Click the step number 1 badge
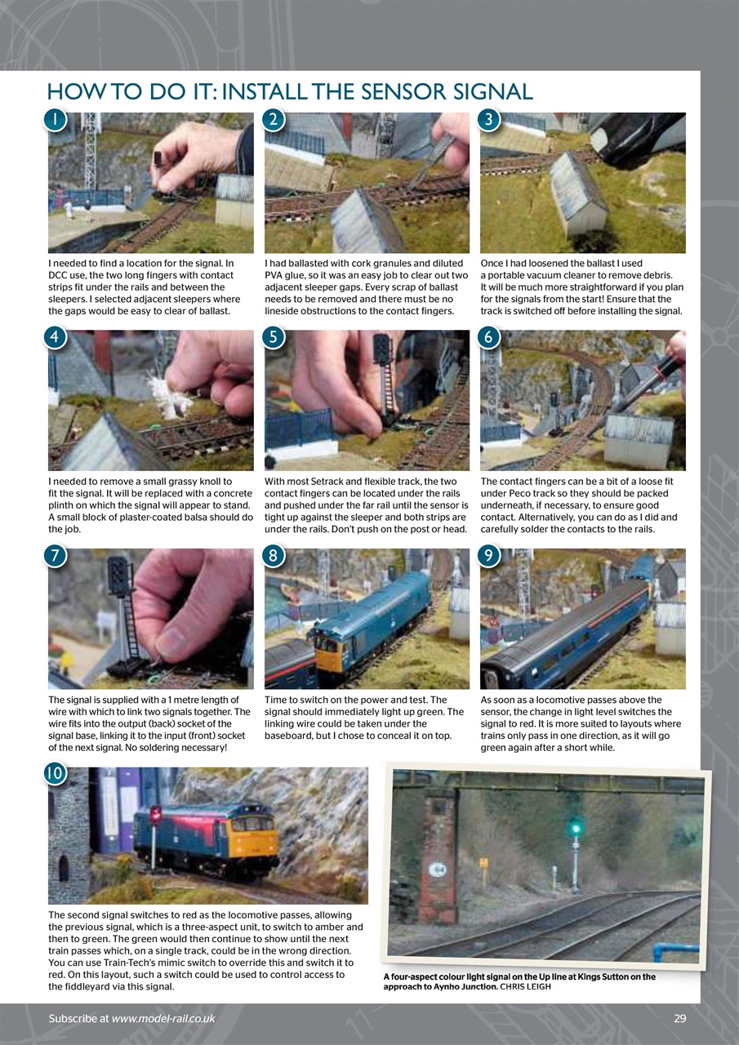point(55,119)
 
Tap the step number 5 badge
point(275,337)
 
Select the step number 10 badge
point(55,772)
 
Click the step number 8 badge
point(275,555)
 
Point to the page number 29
point(679,1018)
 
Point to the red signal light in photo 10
point(155,815)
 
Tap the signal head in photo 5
point(382,349)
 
